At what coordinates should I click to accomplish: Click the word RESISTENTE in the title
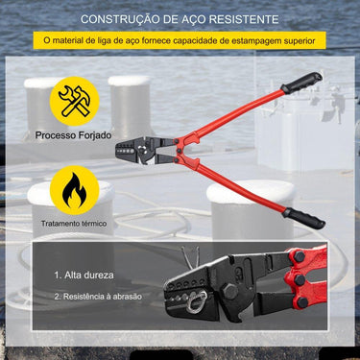pos(244,19)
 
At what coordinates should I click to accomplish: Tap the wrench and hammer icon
pos(75,101)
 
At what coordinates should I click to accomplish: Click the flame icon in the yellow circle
pos(74,190)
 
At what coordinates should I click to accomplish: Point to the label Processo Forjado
pos(73,135)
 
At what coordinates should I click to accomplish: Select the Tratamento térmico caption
pos(74,224)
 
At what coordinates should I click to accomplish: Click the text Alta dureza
pos(84,275)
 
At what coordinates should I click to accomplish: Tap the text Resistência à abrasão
pos(98,297)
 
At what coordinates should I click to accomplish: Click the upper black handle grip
pos(301,83)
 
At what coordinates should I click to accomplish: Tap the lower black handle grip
pos(303,218)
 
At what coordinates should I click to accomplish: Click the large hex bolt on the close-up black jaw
pos(229,290)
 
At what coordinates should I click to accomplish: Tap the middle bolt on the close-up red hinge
pos(300,280)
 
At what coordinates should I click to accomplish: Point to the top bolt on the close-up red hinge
pos(300,256)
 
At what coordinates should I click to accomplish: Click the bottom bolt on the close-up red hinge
pos(301,302)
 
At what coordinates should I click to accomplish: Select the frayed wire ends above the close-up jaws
pos(190,257)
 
